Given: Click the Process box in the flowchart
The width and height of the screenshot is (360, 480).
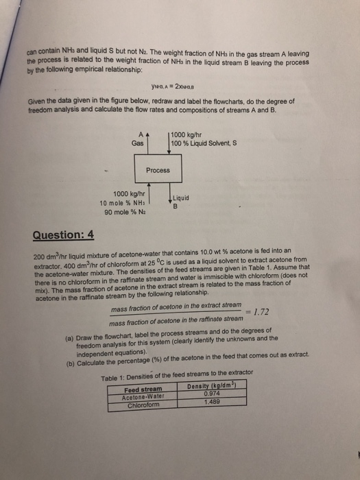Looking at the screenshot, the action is tap(157, 170).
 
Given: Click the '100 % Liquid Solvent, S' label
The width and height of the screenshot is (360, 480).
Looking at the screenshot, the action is tap(210, 143).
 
